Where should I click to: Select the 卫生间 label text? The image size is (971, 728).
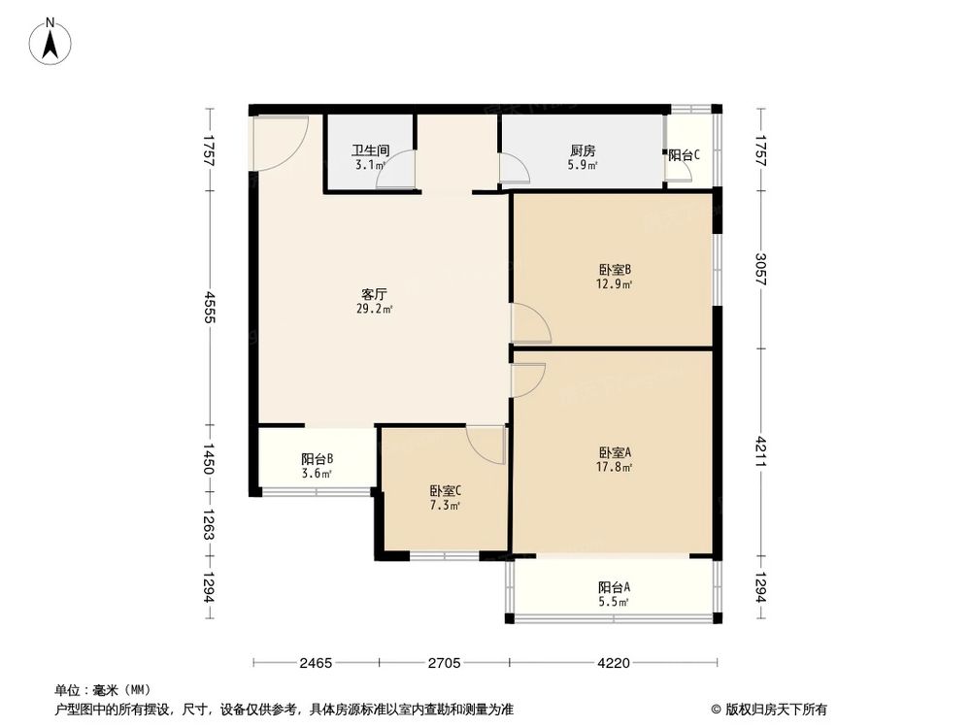370,151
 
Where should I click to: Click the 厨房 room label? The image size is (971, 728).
583,151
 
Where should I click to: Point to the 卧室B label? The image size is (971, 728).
616,270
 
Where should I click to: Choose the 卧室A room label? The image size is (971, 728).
616,452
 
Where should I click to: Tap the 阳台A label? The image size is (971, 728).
614,587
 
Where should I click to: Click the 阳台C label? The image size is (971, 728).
685,155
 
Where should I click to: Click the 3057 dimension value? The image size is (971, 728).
761,270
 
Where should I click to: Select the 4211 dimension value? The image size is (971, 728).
761,452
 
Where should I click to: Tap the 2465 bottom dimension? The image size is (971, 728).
317,664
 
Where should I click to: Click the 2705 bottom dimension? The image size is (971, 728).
444,664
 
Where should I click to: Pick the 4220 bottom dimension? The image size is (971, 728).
614,664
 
